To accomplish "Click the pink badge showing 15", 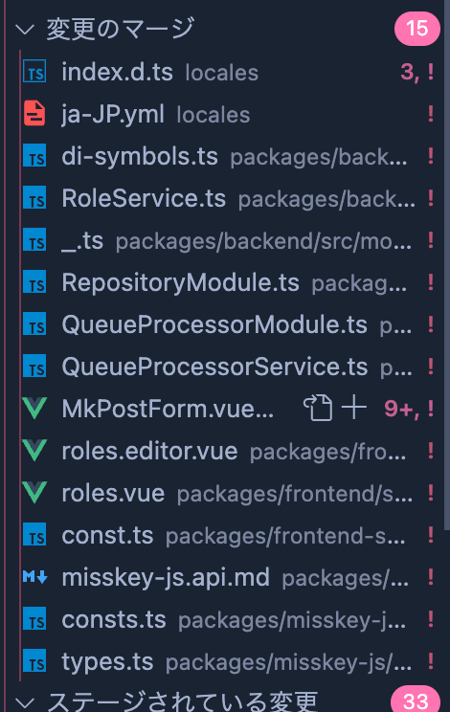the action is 416,29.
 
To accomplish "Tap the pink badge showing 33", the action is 416,700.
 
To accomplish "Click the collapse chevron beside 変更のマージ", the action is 25,30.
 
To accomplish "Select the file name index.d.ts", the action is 117,72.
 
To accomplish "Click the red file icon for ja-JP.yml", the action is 34,113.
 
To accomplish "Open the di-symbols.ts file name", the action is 140,157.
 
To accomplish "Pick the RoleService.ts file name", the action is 144,198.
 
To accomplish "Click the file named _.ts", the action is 82,240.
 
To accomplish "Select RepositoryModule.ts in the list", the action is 180,283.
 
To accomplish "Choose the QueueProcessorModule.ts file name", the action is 214,324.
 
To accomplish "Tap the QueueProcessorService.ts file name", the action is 214,367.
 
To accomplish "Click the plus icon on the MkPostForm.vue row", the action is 353,408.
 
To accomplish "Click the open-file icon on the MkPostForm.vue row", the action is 318,408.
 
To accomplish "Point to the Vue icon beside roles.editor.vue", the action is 34,450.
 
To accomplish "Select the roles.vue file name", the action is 113,493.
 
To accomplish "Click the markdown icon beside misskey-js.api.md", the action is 35,577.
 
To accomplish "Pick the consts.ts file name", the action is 114,619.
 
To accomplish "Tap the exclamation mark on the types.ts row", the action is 431,661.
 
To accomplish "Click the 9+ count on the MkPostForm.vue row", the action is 398,409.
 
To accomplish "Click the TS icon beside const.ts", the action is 34,535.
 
